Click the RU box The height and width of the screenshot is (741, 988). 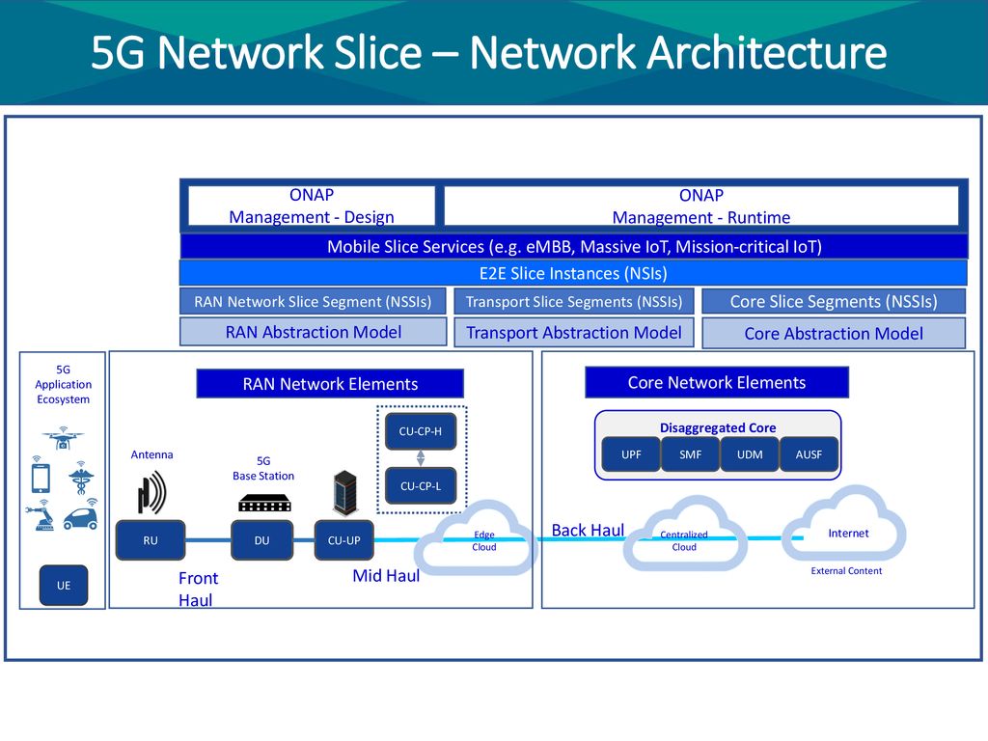tap(151, 540)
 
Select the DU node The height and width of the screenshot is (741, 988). tap(262, 540)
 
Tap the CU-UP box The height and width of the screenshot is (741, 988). tap(344, 540)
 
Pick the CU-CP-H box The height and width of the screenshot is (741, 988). tap(421, 431)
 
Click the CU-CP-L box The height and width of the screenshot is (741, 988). tap(421, 486)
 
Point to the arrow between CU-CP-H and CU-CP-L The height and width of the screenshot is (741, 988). tap(421, 458)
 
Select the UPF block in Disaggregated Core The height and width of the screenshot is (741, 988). tap(631, 454)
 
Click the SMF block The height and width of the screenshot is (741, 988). tap(691, 454)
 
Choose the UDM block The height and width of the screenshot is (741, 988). tap(750, 454)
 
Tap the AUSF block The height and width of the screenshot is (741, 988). tap(810, 454)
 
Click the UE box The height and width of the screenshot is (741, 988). tap(64, 586)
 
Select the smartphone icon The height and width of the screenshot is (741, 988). tap(41, 477)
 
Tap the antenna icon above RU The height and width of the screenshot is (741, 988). tap(151, 492)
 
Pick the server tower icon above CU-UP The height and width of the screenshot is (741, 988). tap(345, 493)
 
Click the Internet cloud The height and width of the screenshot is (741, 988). tap(844, 524)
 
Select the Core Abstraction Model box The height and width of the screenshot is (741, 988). tap(834, 333)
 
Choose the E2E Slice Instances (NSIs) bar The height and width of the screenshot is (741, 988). tap(573, 273)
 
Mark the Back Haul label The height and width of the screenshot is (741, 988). tap(588, 531)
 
